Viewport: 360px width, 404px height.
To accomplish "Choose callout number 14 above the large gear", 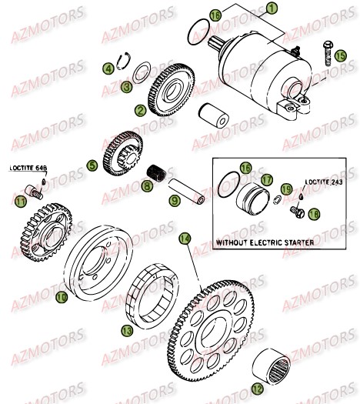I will pyautogui.click(x=183, y=239).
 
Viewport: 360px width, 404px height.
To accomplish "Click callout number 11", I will pyautogui.click(x=20, y=202).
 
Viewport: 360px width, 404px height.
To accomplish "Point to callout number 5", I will pyautogui.click(x=91, y=164).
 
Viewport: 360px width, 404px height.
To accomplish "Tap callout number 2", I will pyautogui.click(x=139, y=110).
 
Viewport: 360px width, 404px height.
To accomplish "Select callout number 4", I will pyautogui.click(x=110, y=69).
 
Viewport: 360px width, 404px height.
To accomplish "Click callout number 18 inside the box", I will pyautogui.click(x=313, y=215).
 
